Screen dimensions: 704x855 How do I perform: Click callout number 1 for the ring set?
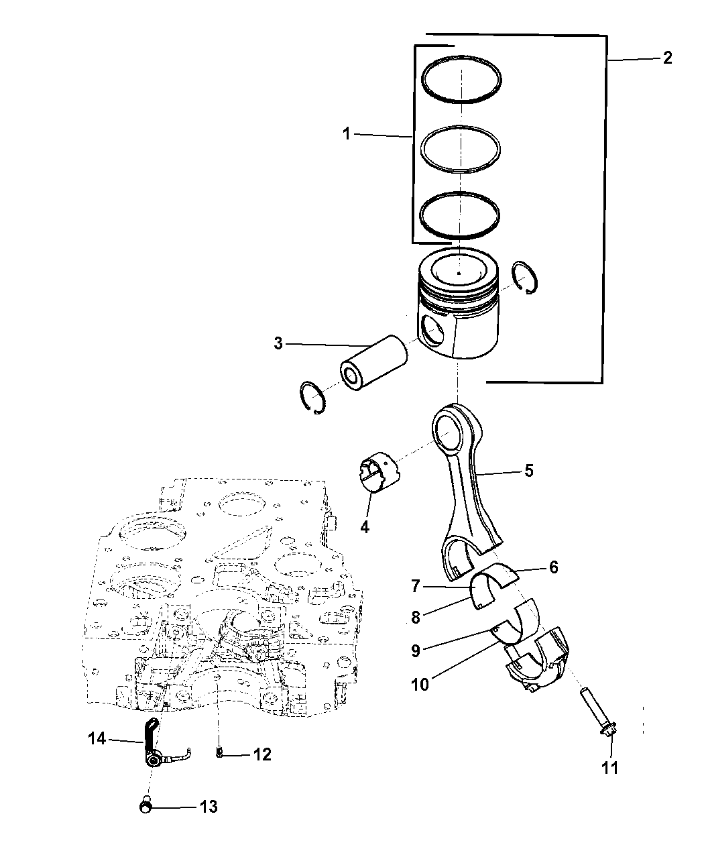click(x=347, y=134)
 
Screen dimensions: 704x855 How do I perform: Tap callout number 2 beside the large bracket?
click(x=668, y=58)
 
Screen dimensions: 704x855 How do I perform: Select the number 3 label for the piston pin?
click(x=278, y=343)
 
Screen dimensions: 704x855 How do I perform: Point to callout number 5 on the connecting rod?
click(x=529, y=471)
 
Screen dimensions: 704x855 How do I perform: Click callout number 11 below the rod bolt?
click(x=609, y=768)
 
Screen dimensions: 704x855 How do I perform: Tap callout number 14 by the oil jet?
click(x=97, y=739)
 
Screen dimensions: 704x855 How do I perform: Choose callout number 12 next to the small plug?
click(x=262, y=754)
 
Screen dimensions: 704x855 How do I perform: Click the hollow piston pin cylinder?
click(x=374, y=362)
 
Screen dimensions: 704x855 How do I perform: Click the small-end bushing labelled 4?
click(x=379, y=471)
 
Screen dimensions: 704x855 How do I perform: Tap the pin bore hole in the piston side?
click(x=433, y=330)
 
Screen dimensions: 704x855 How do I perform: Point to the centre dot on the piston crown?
click(x=459, y=273)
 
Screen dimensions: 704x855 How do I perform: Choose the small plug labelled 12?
click(x=219, y=752)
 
